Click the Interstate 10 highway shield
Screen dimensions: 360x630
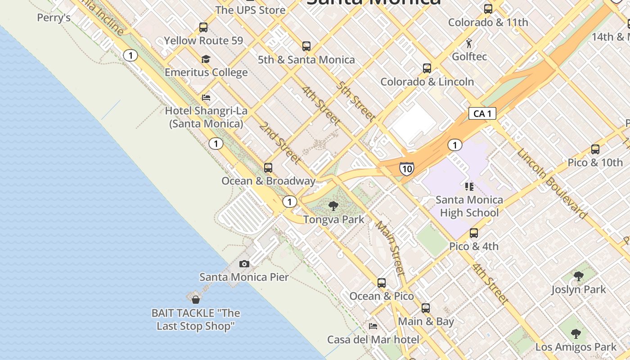406,169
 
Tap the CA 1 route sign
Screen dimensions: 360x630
482,113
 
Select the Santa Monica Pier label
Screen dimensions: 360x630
244,277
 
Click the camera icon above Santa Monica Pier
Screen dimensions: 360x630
244,264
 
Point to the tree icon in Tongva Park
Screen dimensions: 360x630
333,206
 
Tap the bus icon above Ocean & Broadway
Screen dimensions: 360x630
268,168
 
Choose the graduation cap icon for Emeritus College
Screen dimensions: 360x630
206,59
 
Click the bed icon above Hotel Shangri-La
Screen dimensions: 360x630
206,97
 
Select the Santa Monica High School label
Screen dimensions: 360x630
469,206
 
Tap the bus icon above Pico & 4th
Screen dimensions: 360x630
473,233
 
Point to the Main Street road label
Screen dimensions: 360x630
390,248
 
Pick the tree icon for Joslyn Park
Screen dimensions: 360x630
579,276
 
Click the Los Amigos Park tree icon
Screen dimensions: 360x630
576,334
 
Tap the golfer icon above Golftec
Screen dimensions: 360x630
469,44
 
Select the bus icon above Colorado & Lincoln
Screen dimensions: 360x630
427,68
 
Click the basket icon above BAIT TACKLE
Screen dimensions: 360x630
196,299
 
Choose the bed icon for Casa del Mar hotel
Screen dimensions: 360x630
373,326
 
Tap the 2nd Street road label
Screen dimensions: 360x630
279,143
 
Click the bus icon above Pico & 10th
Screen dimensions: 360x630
595,149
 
